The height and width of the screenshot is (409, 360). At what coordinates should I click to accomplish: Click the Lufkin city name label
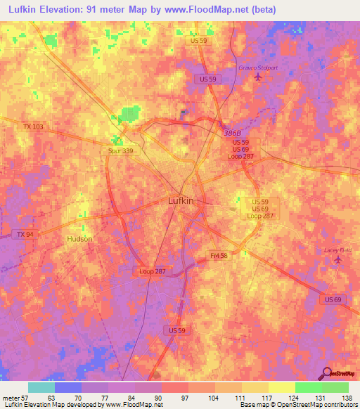coord(181,200)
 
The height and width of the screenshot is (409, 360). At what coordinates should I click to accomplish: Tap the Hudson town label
coord(79,239)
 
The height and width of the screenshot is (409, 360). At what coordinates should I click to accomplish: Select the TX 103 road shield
coord(32,126)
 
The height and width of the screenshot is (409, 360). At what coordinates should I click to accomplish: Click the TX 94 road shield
coord(23,234)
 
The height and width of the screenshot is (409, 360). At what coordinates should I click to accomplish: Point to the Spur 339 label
coord(120,150)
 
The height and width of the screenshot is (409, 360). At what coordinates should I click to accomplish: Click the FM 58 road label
coord(219,255)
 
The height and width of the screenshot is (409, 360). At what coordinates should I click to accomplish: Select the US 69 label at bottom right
coord(334,299)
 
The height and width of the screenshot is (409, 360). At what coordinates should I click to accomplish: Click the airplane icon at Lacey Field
coord(338,260)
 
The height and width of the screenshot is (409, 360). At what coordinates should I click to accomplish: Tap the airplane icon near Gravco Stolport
coord(255,77)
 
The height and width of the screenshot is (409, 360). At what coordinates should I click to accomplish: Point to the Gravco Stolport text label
coord(255,67)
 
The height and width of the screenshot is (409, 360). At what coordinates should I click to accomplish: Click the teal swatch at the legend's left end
coord(41,387)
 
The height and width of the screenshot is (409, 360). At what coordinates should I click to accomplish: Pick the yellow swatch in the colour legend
coord(282,387)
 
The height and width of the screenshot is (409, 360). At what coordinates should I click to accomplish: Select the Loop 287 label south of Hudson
coord(152,271)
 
